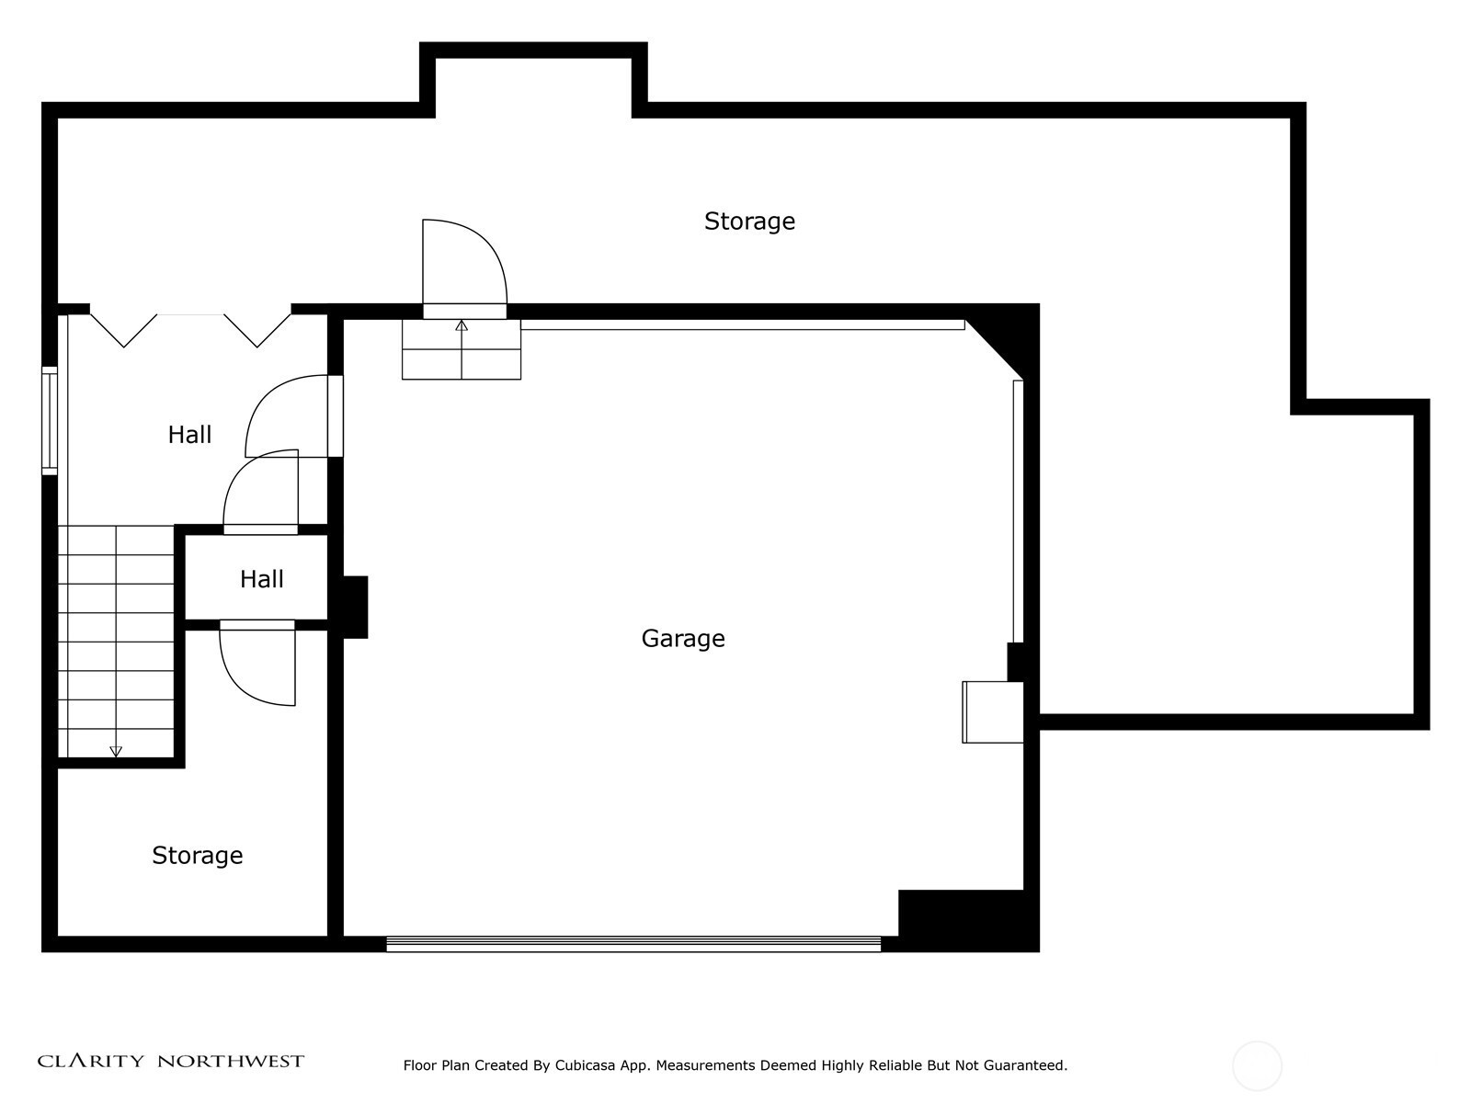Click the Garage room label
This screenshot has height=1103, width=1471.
(x=683, y=639)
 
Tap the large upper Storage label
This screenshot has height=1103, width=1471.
(x=749, y=221)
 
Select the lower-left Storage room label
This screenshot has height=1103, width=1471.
(x=197, y=855)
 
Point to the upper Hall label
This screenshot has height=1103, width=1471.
(x=189, y=435)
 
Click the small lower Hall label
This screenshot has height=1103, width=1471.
(x=261, y=579)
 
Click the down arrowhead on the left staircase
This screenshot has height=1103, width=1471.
(x=116, y=751)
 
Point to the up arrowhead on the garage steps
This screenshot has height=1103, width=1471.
(x=462, y=325)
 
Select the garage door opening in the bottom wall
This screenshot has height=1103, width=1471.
(x=633, y=944)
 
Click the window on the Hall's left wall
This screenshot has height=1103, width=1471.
(x=50, y=421)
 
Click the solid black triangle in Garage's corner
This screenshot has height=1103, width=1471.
(x=1012, y=333)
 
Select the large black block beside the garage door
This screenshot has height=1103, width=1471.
(x=968, y=921)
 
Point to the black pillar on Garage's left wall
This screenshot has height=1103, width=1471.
(x=355, y=607)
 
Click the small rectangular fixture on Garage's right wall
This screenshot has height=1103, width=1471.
(x=993, y=711)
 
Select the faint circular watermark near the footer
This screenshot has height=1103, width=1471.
(x=1257, y=1067)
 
